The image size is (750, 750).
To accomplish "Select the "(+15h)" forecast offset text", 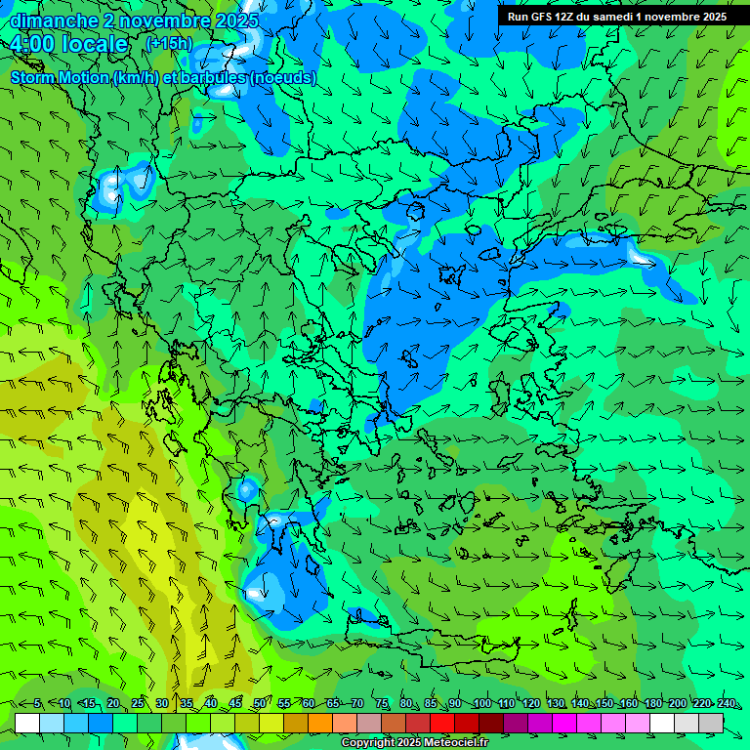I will pos(169,43).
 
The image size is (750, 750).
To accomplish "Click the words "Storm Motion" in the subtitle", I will pos(60,77).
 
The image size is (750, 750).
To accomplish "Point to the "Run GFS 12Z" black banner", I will pos(616,17).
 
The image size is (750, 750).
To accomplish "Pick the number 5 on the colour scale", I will pos(37,704).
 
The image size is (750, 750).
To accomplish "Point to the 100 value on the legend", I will pos(481,704).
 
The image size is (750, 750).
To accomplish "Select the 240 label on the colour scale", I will pos(727,704).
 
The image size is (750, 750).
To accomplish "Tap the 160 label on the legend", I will pos(629,704).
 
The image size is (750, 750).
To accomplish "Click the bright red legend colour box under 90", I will pos(442,723).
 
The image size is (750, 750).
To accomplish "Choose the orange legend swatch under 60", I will pos(296,723).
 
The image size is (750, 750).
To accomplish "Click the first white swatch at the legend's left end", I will pos(27,723).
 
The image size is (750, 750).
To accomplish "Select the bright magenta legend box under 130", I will pos(564,723).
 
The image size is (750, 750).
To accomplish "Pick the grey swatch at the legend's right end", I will pos(711,723).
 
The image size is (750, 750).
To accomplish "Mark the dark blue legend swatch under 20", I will pos(101,723).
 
